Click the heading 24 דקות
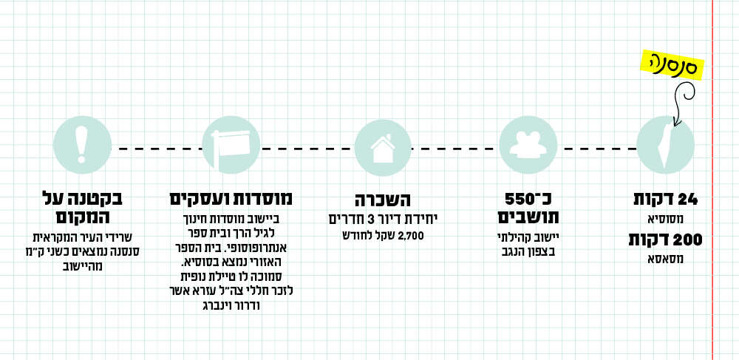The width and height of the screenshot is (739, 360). click(666, 200)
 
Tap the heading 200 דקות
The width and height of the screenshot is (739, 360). click(664, 240)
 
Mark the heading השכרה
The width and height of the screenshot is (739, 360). click(384, 200)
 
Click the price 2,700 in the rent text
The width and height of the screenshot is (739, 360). click(409, 236)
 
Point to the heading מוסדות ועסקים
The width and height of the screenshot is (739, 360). click(231, 199)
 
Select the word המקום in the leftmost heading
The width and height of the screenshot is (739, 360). click(82, 219)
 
